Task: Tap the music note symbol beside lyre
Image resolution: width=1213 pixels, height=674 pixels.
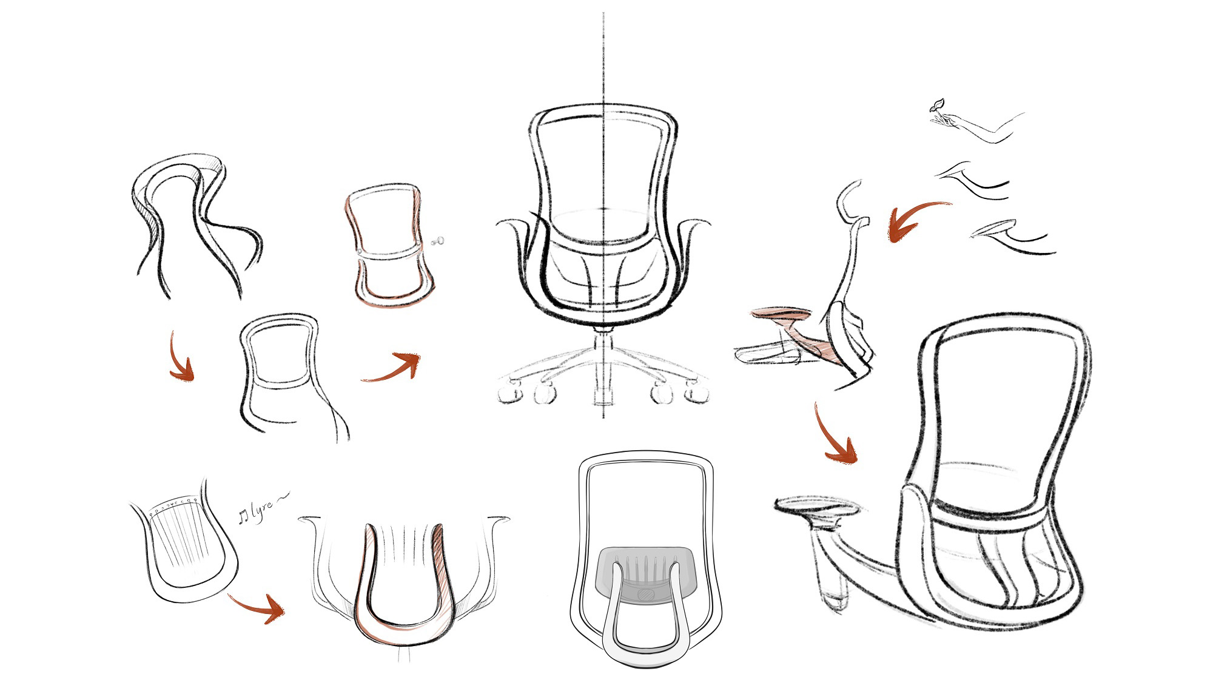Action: tap(243, 517)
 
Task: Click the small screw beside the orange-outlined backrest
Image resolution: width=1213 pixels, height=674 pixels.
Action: tap(438, 241)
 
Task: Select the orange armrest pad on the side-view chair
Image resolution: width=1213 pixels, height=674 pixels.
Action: tap(781, 314)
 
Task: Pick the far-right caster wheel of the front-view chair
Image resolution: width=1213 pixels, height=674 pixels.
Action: tap(697, 393)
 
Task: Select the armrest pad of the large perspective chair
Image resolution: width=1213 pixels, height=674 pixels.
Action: tap(816, 507)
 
